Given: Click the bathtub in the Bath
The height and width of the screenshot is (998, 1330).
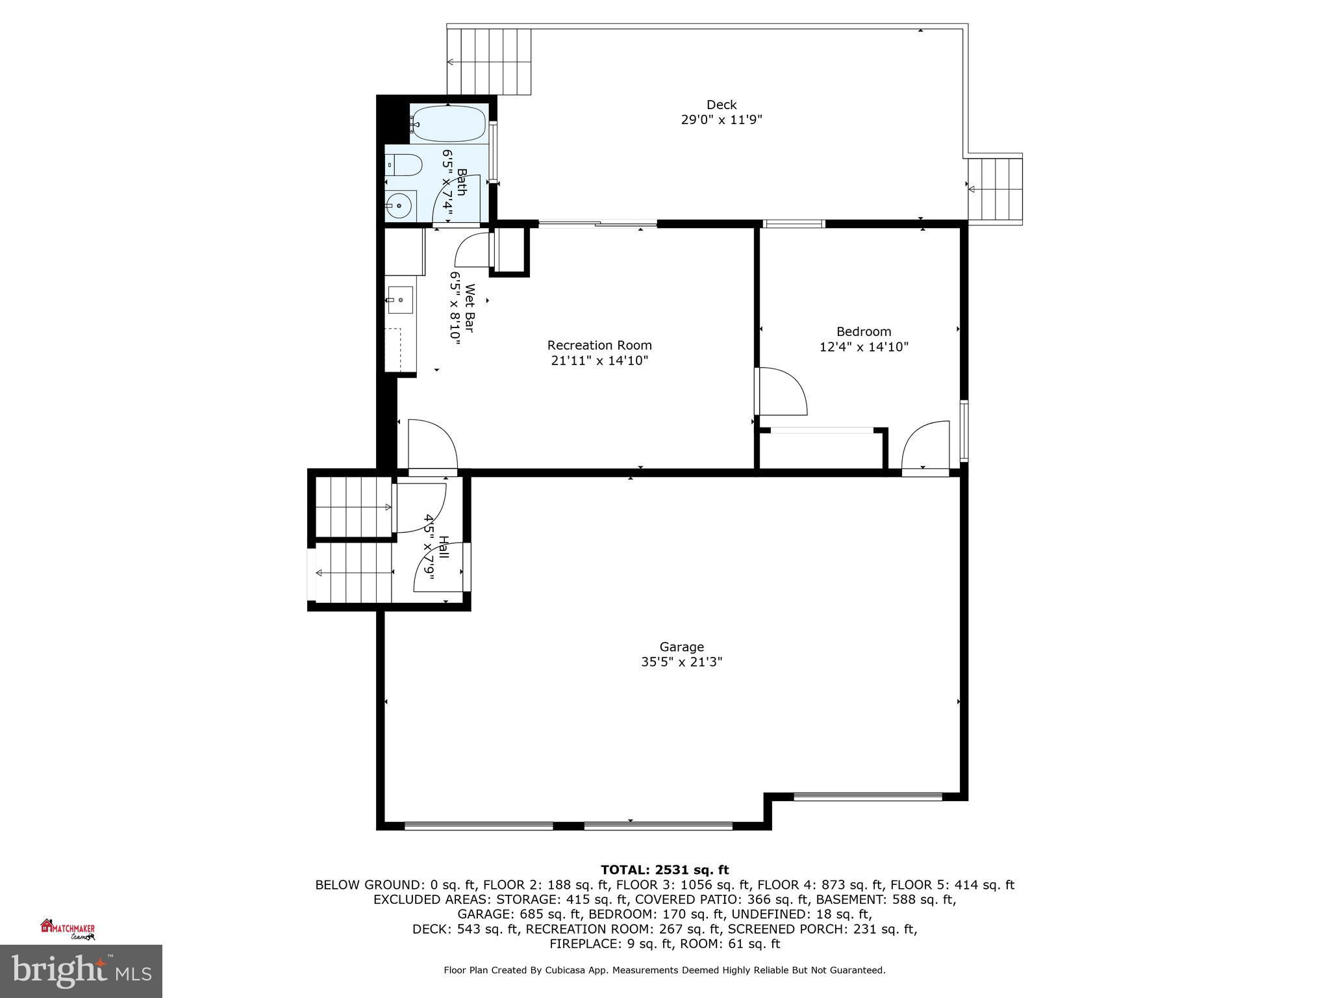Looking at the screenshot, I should tap(448, 123).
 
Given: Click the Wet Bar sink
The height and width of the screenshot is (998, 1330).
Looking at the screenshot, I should tap(400, 300).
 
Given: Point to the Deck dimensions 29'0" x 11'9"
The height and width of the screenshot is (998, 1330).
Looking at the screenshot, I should tap(721, 120).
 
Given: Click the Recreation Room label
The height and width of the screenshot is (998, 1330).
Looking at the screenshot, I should tap(599, 346).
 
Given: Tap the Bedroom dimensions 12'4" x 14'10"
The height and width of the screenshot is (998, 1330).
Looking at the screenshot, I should tap(863, 347).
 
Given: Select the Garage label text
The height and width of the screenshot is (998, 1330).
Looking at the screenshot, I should tap(681, 647).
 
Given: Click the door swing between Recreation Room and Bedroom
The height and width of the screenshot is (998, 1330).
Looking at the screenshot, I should tap(782, 391).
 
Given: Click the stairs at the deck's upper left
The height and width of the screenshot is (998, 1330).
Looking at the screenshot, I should tap(488, 62).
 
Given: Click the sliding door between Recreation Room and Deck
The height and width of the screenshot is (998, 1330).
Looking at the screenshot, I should tap(597, 225).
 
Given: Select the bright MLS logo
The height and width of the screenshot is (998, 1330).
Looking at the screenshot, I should tap(81, 971).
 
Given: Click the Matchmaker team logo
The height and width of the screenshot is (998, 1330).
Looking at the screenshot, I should tap(68, 929).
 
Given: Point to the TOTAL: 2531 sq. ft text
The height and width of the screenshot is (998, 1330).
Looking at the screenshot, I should tap(664, 870).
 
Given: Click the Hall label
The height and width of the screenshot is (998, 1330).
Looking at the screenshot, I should tap(444, 546).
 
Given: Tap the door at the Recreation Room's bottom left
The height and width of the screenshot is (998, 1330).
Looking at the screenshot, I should tap(432, 445).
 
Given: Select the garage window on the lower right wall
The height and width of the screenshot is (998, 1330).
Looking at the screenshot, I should tap(868, 796).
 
